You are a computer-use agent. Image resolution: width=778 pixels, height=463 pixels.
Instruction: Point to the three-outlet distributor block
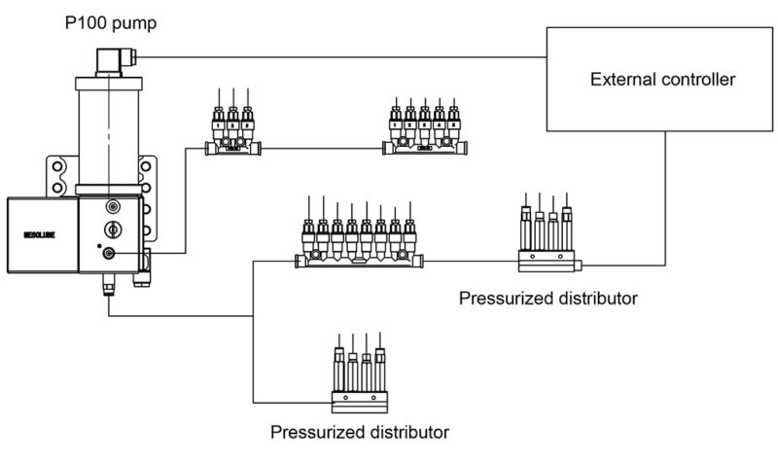pyautogui.click(x=233, y=131)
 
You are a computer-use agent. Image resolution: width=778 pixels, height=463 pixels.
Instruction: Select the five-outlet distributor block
pyautogui.click(x=424, y=131)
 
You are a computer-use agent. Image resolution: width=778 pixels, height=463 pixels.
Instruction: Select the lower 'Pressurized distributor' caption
pyautogui.click(x=359, y=430)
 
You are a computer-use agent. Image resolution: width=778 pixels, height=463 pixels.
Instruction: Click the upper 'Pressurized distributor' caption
pyautogui.click(x=548, y=298)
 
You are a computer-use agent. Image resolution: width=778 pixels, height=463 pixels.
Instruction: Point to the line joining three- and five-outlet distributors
pyautogui.click(x=322, y=149)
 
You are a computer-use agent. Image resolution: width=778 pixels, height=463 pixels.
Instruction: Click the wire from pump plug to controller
pyautogui.click(x=340, y=56)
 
